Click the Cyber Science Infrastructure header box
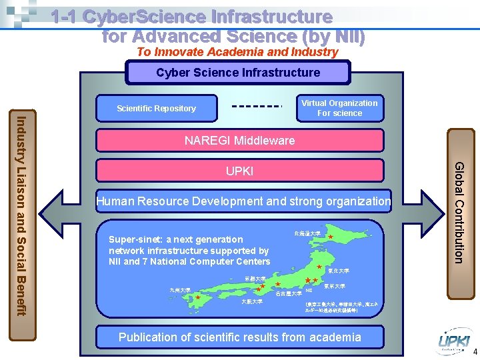click(x=238, y=73)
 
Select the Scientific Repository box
click(x=157, y=108)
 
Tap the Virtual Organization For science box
click(x=339, y=108)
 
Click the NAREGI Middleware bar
click(x=239, y=141)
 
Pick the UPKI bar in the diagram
click(x=239, y=171)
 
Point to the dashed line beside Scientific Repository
click(x=257, y=105)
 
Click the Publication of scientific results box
click(x=239, y=337)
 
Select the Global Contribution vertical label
click(x=459, y=212)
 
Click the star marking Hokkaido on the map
click(x=331, y=237)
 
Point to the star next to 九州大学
click(x=198, y=298)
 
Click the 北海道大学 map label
click(x=307, y=233)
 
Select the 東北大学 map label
click(x=339, y=271)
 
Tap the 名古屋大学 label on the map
click(x=288, y=294)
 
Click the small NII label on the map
click(x=309, y=291)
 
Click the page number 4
click(x=475, y=352)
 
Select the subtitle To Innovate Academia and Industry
click(x=237, y=52)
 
